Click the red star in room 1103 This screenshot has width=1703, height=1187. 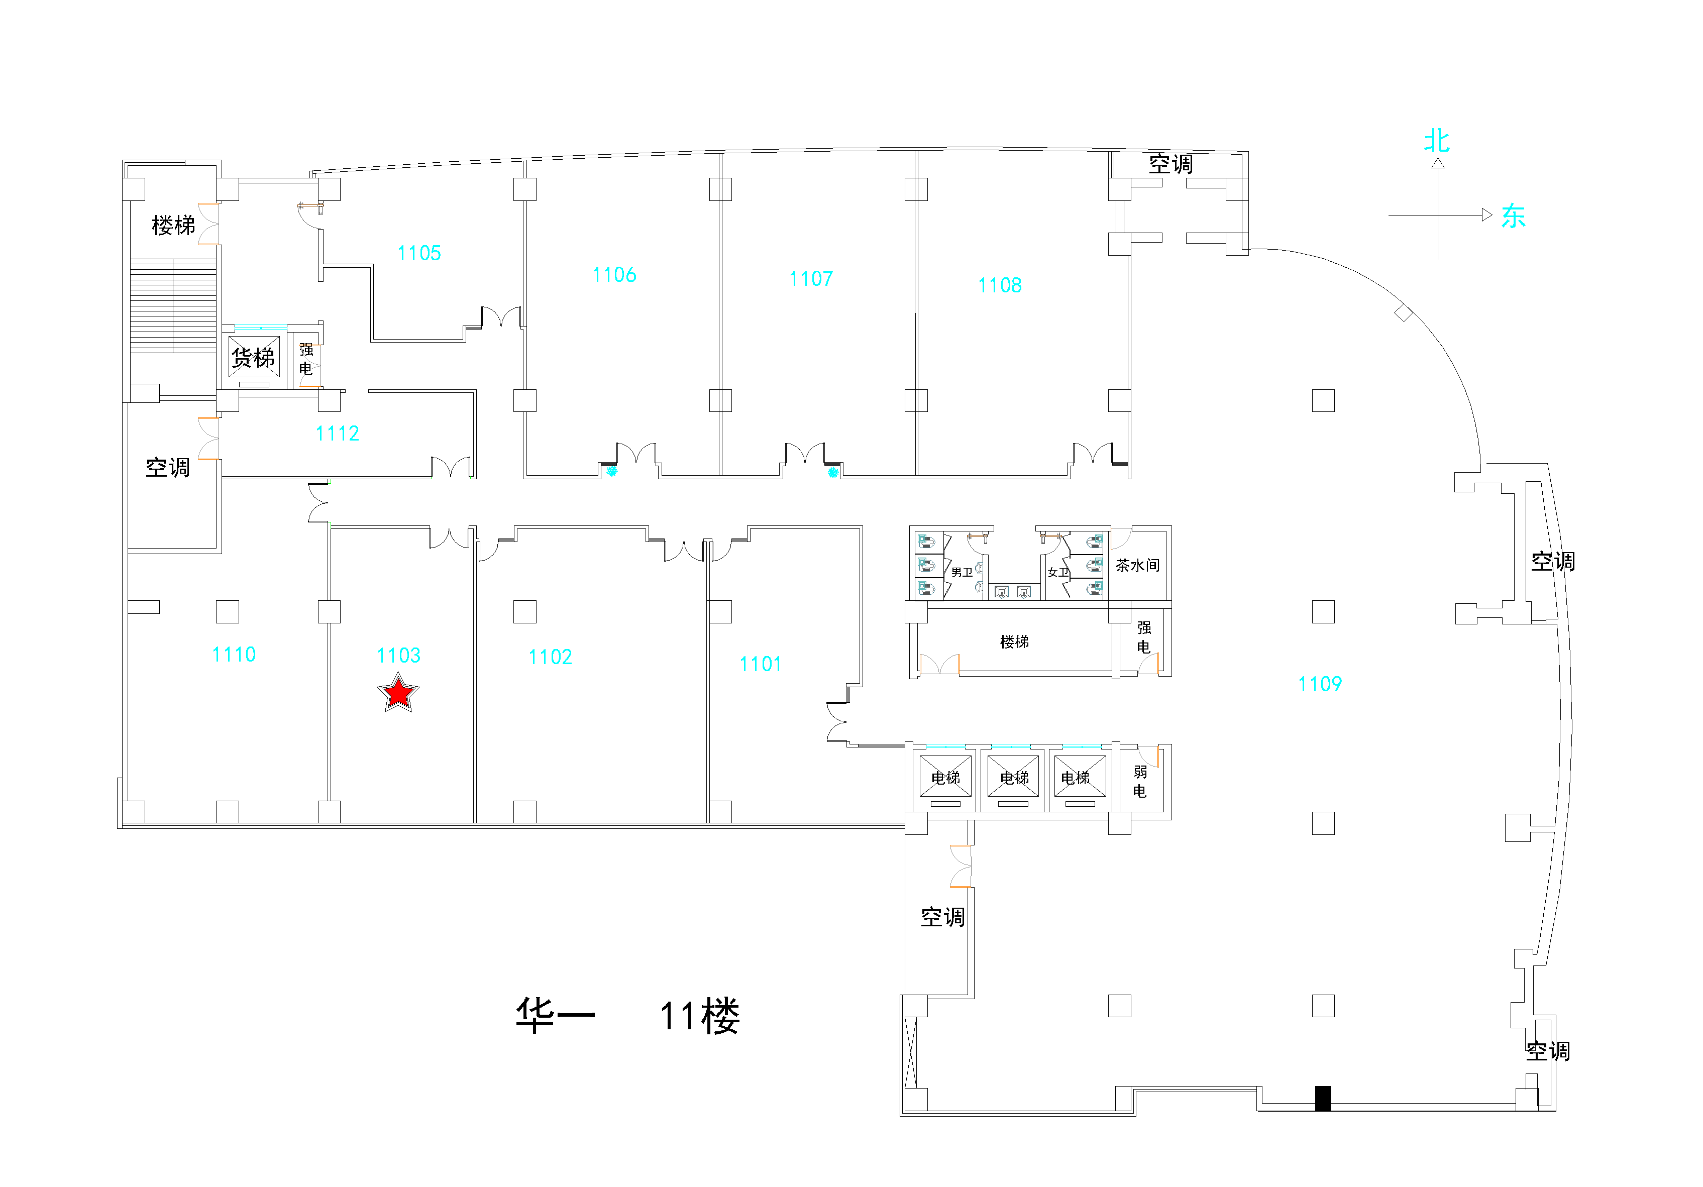coord(398,693)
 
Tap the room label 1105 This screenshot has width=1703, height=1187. coord(419,254)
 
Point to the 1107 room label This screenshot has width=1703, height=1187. coord(811,279)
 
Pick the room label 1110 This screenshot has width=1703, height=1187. coord(234,655)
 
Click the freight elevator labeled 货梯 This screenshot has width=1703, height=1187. coord(254,358)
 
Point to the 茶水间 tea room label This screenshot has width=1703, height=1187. coord(1137,565)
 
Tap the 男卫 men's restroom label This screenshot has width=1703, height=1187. coord(962,572)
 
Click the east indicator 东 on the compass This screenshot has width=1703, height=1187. coord(1513,216)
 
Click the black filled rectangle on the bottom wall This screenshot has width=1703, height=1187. coord(1323,1099)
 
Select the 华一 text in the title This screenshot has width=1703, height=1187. coord(556,1015)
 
